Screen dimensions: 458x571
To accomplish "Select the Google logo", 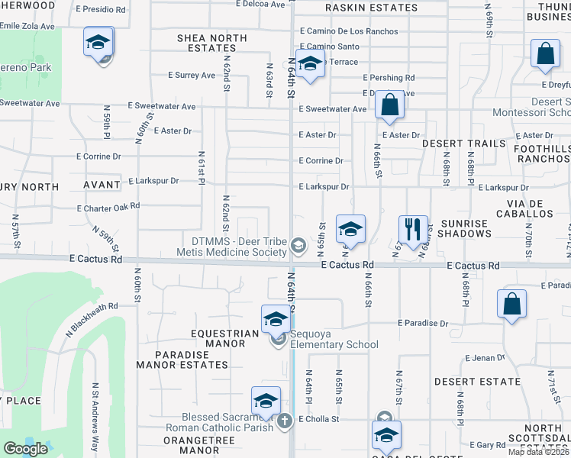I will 25,449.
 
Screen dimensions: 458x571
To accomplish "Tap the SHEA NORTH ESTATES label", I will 211,43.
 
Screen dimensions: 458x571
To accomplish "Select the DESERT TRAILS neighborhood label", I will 463,144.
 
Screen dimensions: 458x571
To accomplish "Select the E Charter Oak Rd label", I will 108,206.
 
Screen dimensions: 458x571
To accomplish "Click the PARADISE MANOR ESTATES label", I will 182,360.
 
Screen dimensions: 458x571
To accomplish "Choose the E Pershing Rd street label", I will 389,78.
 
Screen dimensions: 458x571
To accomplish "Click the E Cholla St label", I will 319,419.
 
